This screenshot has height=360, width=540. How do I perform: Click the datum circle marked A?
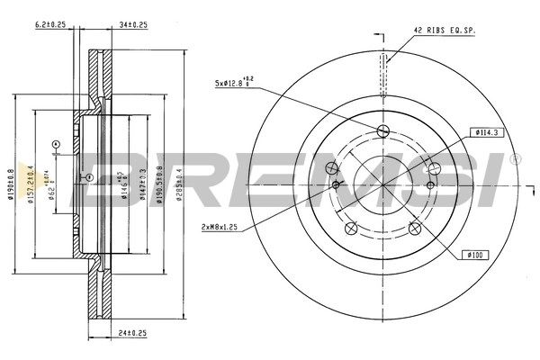[55, 144]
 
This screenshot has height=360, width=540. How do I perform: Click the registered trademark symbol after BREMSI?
[515, 160]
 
